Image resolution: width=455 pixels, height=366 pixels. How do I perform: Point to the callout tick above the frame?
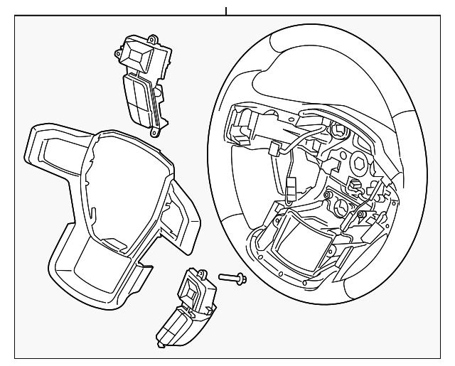[226, 11]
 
